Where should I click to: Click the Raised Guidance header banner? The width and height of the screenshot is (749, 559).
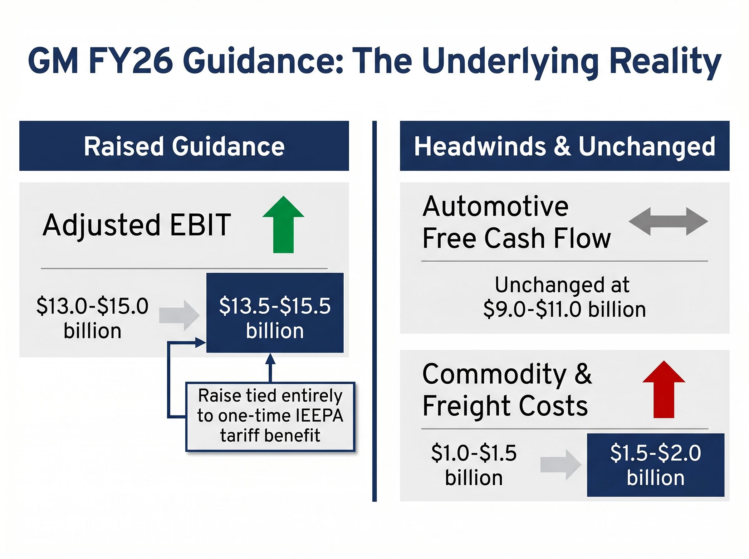pos(184,146)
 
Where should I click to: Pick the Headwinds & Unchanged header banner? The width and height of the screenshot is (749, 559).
pos(564,146)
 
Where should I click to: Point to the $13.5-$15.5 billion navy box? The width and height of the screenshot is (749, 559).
pos(275,313)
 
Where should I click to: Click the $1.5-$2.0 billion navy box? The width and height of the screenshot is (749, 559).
pos(655,464)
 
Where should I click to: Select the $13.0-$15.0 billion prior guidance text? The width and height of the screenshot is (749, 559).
pos(92,318)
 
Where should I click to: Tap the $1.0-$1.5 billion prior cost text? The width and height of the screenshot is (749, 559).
pos(473,465)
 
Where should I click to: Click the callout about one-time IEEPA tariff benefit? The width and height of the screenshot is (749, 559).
pos(270,416)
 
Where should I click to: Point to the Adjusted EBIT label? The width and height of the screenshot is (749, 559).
pos(137,225)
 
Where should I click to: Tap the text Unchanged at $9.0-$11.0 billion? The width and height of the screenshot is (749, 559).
pos(564,297)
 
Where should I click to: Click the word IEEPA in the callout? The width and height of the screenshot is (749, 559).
pos(319,416)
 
